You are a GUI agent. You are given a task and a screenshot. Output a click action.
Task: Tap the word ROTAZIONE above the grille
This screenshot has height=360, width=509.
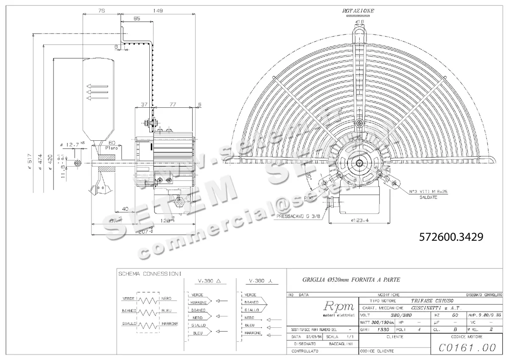[x=359, y=10]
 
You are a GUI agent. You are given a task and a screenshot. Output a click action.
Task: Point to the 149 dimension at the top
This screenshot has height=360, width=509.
[x=158, y=12]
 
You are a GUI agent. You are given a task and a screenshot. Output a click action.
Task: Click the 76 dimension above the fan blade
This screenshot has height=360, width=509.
[x=101, y=12]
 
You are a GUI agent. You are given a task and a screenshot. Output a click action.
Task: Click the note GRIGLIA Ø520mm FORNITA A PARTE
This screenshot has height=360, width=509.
[x=351, y=280]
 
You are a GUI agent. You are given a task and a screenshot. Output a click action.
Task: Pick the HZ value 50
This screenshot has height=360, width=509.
[x=455, y=315]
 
